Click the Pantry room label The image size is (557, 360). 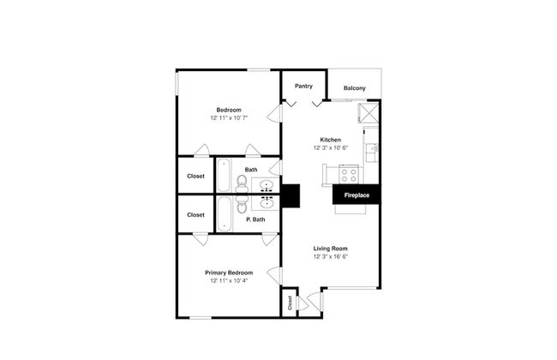303,86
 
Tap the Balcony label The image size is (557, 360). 354,88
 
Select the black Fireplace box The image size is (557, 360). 356,195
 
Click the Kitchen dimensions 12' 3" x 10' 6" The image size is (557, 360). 331,147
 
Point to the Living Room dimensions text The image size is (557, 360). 331,256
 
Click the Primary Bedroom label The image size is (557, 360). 229,273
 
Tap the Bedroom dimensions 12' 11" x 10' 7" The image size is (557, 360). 229,117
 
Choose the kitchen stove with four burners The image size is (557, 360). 349,175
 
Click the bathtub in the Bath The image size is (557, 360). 224,175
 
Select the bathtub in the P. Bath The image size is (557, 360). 224,214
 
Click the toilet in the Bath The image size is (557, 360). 242,183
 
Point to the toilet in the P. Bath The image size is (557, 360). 242,205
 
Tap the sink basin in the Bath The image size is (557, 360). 267,184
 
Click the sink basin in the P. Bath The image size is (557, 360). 267,203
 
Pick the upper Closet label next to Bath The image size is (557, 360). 195,176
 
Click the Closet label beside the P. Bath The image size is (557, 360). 195,214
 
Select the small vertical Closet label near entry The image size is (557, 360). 290,303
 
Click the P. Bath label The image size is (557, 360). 255,219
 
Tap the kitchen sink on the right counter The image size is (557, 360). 372,152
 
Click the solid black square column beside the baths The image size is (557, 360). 291,195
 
